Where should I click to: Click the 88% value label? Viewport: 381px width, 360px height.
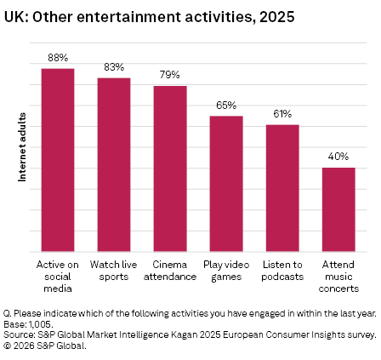58,58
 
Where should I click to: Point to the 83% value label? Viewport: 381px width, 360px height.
114,67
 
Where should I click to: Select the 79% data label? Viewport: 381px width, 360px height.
170,75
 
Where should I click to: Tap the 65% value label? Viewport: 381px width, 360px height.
226,106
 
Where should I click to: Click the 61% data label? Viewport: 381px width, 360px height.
282,114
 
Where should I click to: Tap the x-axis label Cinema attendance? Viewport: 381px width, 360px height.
170,271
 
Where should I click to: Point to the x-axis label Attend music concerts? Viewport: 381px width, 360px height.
338,277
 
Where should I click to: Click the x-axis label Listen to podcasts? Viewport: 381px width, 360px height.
282,271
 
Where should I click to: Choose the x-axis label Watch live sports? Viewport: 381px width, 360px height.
114,271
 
